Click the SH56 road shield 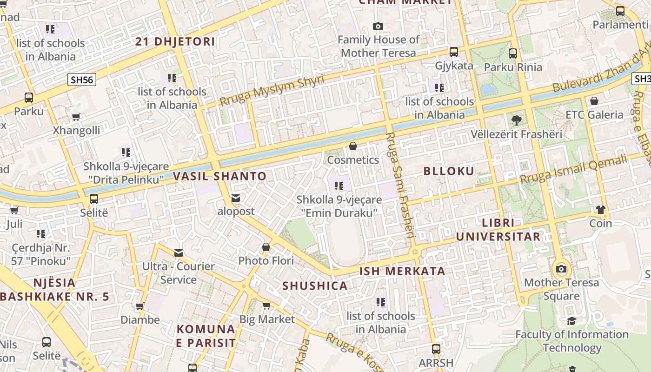click(82, 80)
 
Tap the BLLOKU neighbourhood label click(449, 171)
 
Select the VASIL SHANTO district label click(220, 176)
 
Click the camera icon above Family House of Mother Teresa click(378, 27)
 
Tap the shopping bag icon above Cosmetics click(353, 146)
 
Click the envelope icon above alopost click(236, 198)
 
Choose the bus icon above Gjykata click(454, 52)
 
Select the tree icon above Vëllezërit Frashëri click(516, 121)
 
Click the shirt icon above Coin click(600, 210)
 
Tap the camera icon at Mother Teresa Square click(561, 269)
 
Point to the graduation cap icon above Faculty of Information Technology click(571, 321)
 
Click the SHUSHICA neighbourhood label click(315, 286)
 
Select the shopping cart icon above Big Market click(266, 306)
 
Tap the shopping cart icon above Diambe click(139, 306)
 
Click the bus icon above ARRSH click(436, 349)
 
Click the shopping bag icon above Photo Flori click(266, 247)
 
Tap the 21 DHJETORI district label click(175, 42)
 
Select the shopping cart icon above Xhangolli click(76, 117)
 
